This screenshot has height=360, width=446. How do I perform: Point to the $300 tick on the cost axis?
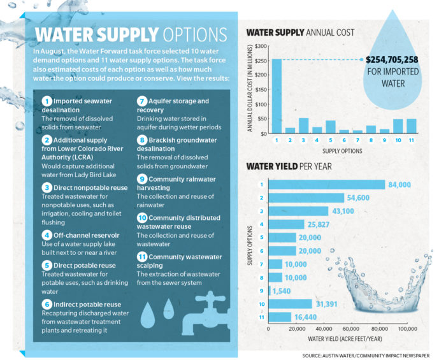click(x=259, y=47)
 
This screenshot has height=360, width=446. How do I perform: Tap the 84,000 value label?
click(x=399, y=184)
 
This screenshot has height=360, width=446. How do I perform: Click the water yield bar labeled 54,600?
click(x=306, y=198)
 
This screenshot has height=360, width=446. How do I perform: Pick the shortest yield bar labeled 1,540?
click(x=270, y=291)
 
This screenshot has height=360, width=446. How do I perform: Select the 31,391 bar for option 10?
click(x=291, y=304)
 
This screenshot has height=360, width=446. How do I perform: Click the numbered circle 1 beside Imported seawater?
click(x=47, y=101)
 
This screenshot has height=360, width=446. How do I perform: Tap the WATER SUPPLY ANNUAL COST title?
click(x=300, y=32)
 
